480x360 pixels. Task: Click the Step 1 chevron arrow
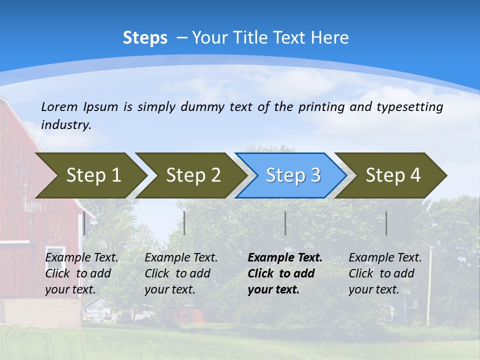[90, 175]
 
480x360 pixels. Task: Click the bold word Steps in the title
[145, 37]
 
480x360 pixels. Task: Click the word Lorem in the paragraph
[59, 106]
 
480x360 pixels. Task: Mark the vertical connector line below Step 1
[84, 223]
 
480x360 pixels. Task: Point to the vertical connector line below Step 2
[184, 223]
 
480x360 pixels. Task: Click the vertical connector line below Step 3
[285, 223]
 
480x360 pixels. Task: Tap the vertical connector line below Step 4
[386, 223]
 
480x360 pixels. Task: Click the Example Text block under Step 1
[81, 273]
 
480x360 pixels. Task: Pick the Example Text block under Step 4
[384, 273]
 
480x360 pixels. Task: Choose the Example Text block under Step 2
[180, 273]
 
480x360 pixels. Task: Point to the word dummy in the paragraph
[200, 106]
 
